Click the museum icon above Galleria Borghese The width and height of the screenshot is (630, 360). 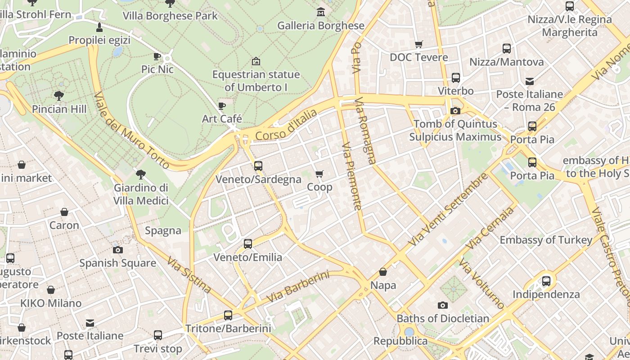(320, 12)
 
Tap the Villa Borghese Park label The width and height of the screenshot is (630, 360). (170, 16)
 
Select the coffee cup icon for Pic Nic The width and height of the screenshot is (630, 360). (157, 56)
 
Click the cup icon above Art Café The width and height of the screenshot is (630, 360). (221, 106)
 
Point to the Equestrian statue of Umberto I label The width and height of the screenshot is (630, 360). (256, 81)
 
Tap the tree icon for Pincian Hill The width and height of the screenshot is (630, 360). (58, 95)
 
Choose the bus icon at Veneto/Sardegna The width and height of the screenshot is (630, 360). (258, 166)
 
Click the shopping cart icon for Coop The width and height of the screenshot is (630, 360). (319, 174)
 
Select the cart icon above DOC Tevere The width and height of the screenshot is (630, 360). (418, 44)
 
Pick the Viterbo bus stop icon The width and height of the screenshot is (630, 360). (455, 78)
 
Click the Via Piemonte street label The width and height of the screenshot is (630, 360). (352, 176)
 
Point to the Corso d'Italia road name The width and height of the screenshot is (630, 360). (286, 125)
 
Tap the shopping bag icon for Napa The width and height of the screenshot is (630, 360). (383, 272)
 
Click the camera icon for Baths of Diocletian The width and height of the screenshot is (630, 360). (442, 306)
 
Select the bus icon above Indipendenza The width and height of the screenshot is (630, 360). (546, 281)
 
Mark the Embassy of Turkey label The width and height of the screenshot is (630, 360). (546, 240)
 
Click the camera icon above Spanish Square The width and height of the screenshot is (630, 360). (117, 250)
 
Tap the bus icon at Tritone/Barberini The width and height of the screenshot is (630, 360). (228, 315)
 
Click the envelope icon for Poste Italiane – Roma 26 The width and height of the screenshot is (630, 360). (529, 81)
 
